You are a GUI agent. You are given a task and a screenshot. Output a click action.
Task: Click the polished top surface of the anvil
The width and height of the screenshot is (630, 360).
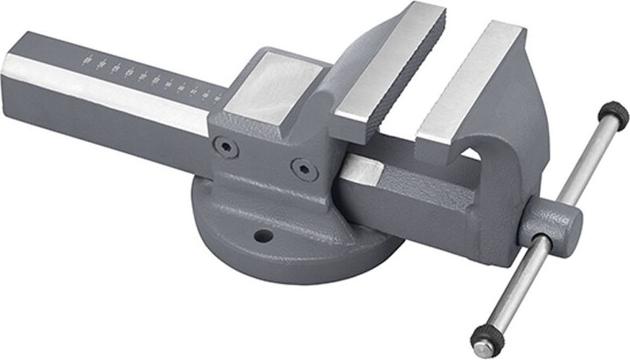tap(274, 85)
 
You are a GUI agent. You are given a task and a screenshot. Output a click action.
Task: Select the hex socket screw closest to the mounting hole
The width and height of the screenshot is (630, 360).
tap(299, 167)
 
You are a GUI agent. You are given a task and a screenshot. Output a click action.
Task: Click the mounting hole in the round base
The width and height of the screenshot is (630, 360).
tap(259, 236)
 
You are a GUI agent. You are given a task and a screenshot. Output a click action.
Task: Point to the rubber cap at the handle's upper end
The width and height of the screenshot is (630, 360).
tap(614, 115)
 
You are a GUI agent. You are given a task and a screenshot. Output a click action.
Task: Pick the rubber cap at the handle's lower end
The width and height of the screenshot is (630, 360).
tap(484, 341)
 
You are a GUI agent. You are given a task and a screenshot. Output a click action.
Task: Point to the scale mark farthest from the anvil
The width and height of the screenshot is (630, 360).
tap(87, 58)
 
